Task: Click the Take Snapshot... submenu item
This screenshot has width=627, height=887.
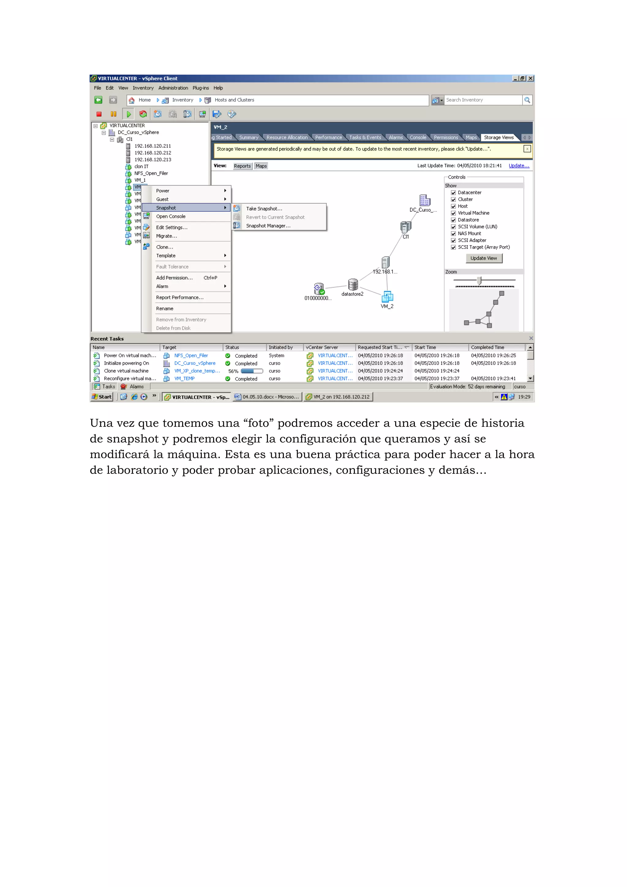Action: pyautogui.click(x=264, y=209)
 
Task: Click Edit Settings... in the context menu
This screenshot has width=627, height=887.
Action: pyautogui.click(x=171, y=227)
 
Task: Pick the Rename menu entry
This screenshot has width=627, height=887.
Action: pyautogui.click(x=165, y=309)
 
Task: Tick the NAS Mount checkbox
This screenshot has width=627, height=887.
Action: pyautogui.click(x=453, y=234)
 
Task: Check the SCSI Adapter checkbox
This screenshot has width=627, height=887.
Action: pyautogui.click(x=453, y=241)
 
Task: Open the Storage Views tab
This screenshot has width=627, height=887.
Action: pyautogui.click(x=498, y=137)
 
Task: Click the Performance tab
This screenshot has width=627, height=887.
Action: pyautogui.click(x=329, y=137)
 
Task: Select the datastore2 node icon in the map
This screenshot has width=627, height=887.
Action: pyautogui.click(x=353, y=285)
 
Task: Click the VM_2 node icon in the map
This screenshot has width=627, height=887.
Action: pyautogui.click(x=387, y=297)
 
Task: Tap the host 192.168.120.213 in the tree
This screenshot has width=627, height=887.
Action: pyautogui.click(x=152, y=159)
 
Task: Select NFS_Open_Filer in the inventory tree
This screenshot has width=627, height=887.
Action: pyautogui.click(x=151, y=174)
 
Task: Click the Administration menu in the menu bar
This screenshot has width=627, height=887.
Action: pyautogui.click(x=173, y=88)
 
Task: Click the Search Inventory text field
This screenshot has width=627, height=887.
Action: pyautogui.click(x=483, y=100)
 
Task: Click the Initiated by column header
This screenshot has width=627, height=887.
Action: pyautogui.click(x=281, y=347)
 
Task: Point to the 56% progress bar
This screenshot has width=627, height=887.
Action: pyautogui.click(x=252, y=371)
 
